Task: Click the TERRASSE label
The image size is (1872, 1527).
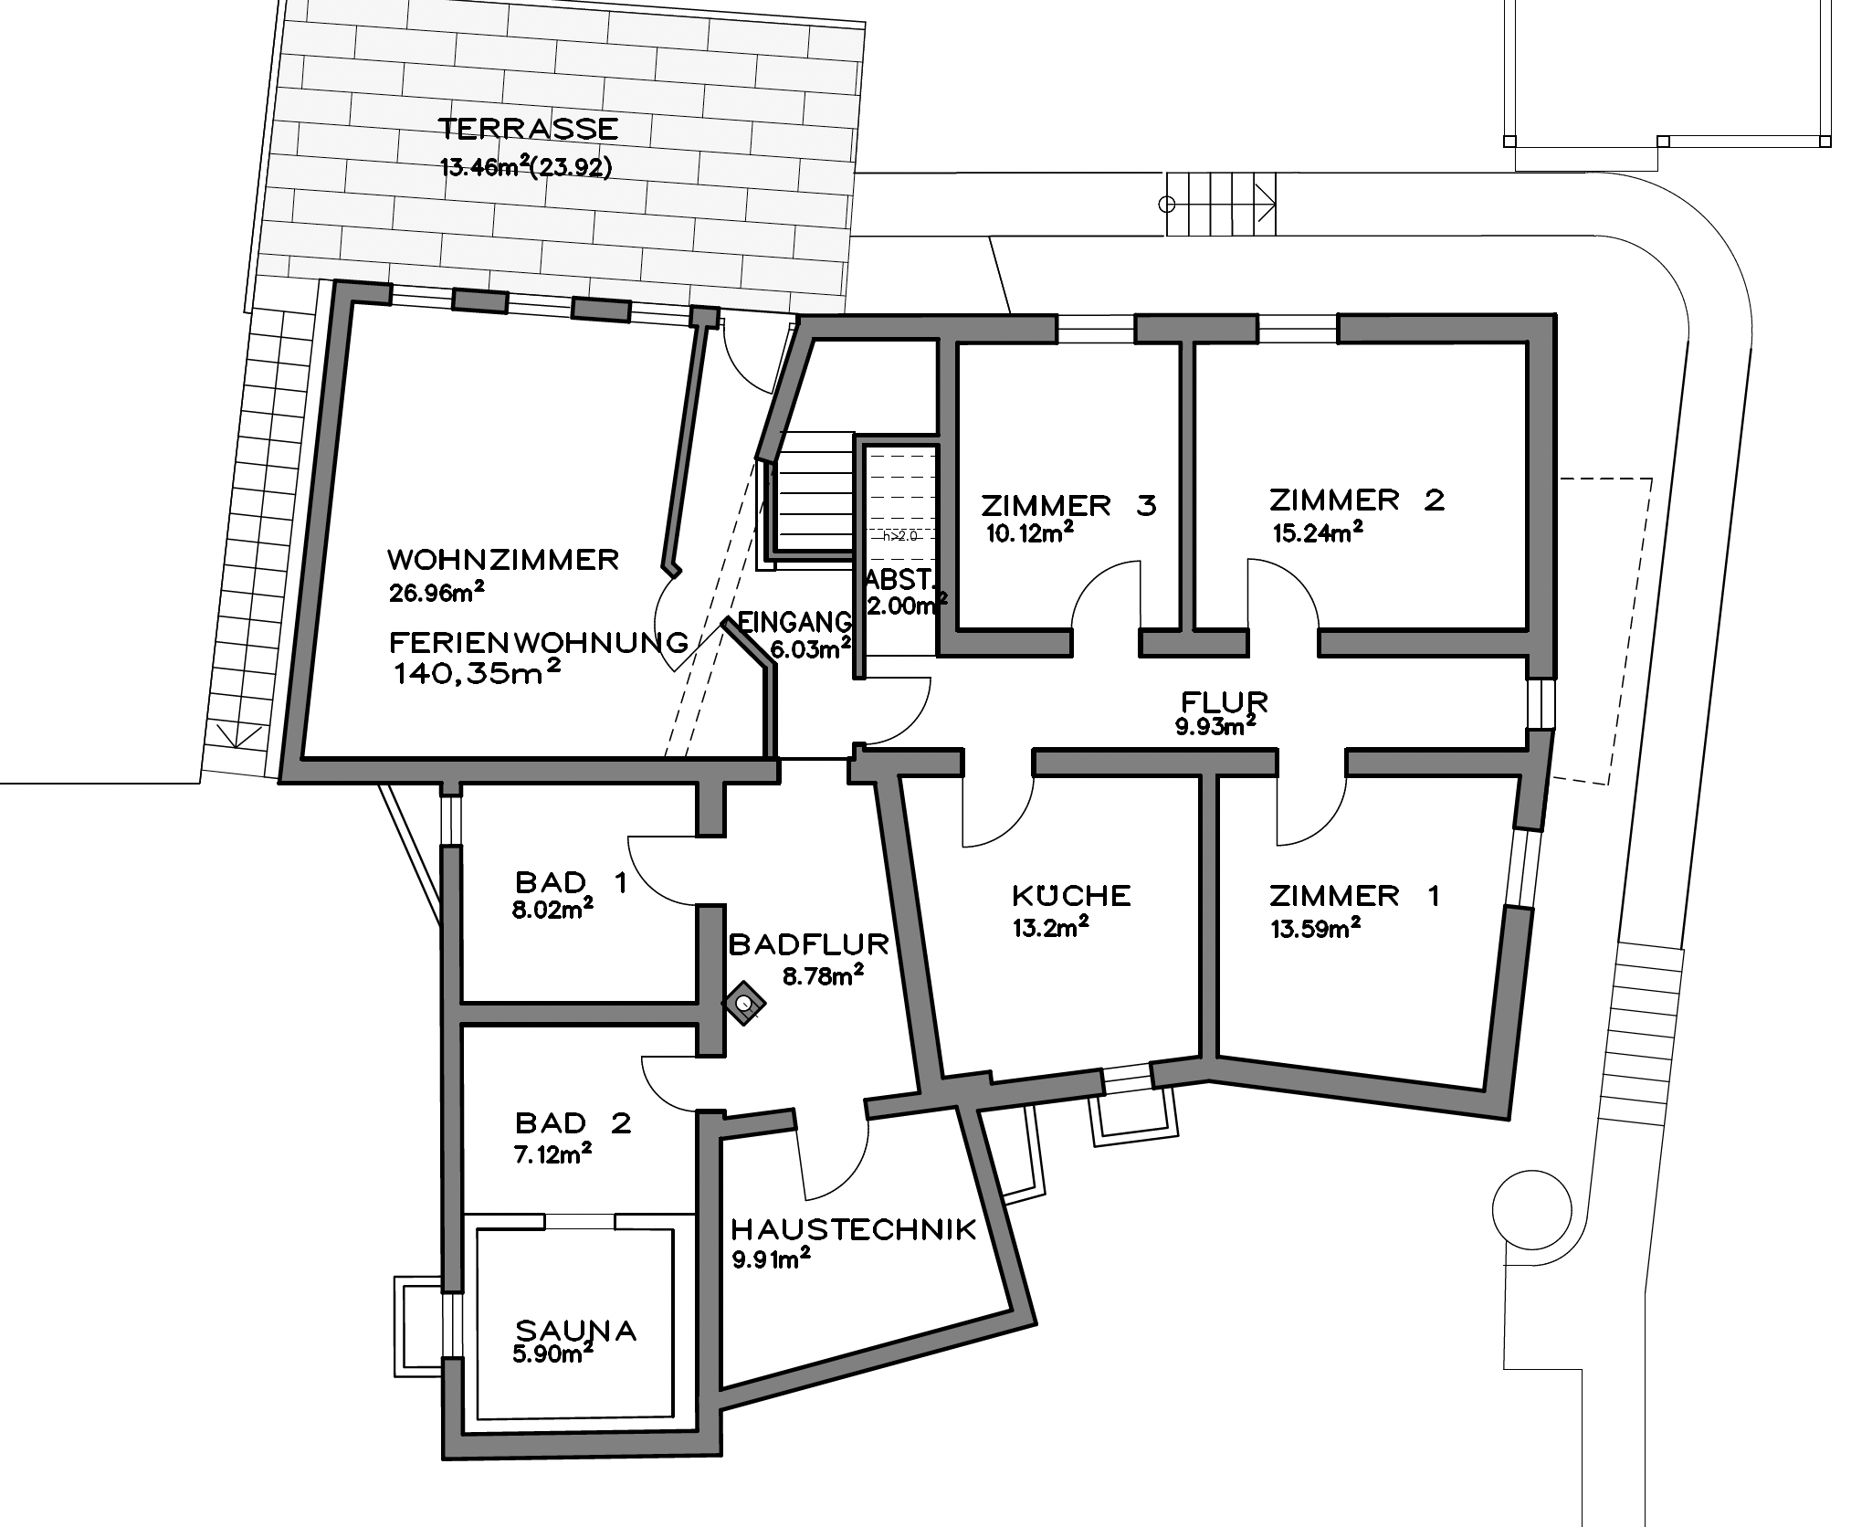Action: (x=528, y=129)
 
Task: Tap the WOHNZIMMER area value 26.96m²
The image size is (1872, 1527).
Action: (x=436, y=593)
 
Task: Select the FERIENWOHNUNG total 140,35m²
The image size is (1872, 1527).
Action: (x=476, y=674)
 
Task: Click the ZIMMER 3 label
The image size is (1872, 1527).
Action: (x=1068, y=505)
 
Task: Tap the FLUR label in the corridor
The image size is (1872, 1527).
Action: (x=1224, y=702)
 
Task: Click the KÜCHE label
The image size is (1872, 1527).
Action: (x=1071, y=895)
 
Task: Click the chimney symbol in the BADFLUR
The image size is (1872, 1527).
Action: (x=744, y=1004)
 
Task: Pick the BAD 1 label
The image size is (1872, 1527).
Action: (x=571, y=882)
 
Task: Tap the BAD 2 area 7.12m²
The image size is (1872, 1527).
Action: (x=552, y=1154)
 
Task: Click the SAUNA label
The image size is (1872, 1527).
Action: (x=575, y=1330)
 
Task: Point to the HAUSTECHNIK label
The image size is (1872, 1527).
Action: (x=854, y=1229)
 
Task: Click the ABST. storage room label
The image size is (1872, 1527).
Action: (x=899, y=579)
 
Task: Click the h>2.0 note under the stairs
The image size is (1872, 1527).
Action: (x=899, y=536)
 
